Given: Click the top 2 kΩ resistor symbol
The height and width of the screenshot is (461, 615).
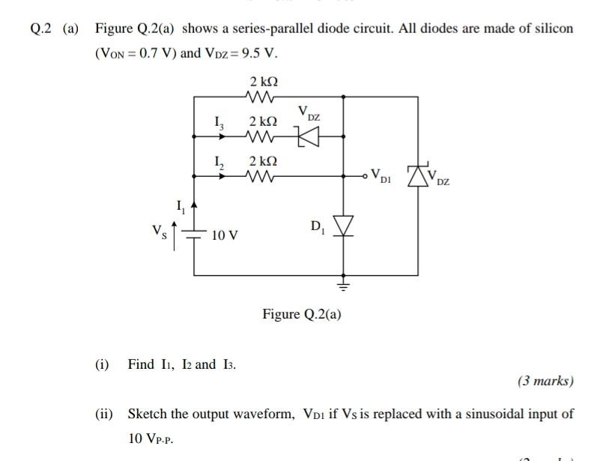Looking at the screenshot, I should [x=261, y=97].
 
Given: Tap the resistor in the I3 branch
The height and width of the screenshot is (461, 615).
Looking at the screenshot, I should [x=261, y=136].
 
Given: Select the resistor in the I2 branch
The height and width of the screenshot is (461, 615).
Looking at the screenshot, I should [x=261, y=177].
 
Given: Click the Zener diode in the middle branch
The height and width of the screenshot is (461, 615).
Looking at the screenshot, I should [x=308, y=136].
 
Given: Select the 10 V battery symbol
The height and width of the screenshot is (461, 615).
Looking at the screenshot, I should [x=195, y=235].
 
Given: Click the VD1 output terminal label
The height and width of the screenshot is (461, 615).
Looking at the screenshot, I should [x=381, y=178].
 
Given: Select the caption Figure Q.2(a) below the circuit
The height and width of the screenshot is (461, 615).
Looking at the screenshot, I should [x=302, y=314].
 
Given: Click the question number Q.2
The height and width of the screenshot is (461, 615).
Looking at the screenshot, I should [x=42, y=28].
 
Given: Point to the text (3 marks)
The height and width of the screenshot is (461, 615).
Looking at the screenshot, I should [x=545, y=381].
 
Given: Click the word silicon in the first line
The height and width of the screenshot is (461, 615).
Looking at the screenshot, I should [x=553, y=28].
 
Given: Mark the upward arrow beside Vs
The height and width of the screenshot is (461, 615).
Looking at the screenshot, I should [x=177, y=233].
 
